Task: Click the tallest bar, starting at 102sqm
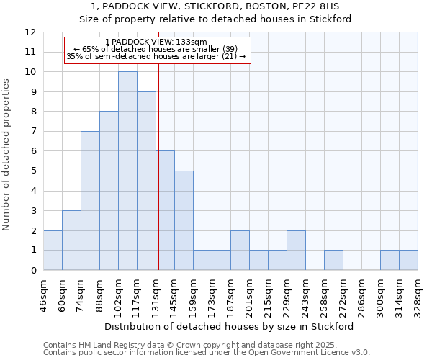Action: pos(127,171)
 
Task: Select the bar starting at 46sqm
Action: pos(53,250)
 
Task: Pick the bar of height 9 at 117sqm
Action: pos(146,181)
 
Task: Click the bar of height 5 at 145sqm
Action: pos(184,220)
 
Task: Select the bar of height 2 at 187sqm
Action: pos(240,250)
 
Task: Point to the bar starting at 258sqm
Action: pos(333,260)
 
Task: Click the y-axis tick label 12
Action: pos(30,32)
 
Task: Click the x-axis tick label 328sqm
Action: pos(418,295)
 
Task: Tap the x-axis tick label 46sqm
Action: pos(43,295)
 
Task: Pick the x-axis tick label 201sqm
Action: pos(249,295)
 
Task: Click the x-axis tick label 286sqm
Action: pos(361,295)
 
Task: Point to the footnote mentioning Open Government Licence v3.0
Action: pos(207,353)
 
